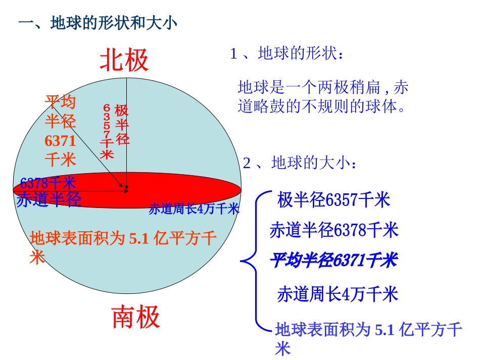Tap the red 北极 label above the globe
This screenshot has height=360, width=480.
[x=124, y=60]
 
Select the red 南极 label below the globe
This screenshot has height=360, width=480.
[x=135, y=317]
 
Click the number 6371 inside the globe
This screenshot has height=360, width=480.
[x=60, y=140]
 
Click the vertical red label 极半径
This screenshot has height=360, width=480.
[x=122, y=125]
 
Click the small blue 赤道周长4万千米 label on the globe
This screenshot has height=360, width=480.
[x=194, y=209]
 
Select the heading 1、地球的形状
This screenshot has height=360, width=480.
[x=286, y=54]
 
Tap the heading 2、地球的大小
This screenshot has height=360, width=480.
[x=300, y=164]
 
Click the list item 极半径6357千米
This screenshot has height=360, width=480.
[x=333, y=200]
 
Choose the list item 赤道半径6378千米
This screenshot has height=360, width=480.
[x=334, y=230]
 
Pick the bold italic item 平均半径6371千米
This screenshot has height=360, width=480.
[x=333, y=261]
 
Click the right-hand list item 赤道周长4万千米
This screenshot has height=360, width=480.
[x=338, y=294]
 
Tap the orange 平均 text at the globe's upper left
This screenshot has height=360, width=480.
[x=60, y=102]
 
